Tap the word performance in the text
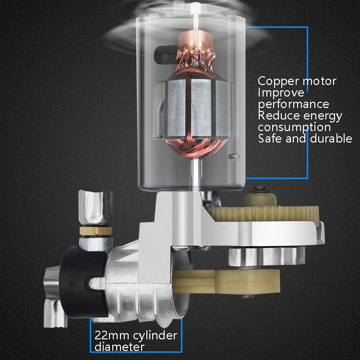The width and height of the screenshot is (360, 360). click(x=294, y=105)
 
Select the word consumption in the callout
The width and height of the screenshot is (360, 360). click(x=294, y=127)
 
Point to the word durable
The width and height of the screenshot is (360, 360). click(x=331, y=138)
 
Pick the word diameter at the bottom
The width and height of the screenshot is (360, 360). click(x=119, y=347)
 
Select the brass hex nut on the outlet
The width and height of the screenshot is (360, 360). click(x=96, y=230)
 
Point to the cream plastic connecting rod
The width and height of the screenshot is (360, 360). click(x=226, y=281)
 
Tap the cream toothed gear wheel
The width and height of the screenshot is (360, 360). click(x=264, y=213)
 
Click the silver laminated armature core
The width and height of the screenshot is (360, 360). click(x=195, y=109)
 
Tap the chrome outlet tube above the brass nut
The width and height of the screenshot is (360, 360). click(x=96, y=208)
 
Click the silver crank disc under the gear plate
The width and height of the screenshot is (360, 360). click(x=266, y=256)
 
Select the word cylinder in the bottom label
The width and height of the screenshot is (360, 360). click(x=155, y=336)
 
